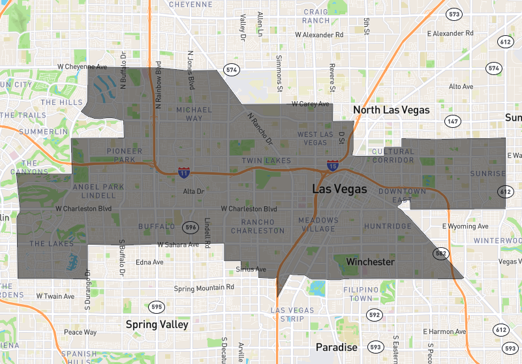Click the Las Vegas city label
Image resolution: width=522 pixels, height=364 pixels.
pos(340,190)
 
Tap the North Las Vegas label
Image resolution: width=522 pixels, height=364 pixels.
pos(391,110)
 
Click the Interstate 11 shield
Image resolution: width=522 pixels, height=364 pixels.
pos(184,174)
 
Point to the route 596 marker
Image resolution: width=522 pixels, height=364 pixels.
pos(190,227)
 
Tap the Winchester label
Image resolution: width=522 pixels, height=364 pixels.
pos(370,262)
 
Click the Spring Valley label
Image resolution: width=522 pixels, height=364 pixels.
pos(157,324)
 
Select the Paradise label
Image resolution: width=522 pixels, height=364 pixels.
pos(336,347)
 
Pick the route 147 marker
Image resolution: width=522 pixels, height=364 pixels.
pos(453,121)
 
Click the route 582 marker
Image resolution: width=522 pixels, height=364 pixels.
pos(442,252)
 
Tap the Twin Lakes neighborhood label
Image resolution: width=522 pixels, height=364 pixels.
pos(266,160)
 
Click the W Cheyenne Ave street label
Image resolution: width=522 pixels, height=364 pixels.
pos(82,67)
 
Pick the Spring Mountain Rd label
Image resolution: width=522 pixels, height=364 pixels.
pos(204,288)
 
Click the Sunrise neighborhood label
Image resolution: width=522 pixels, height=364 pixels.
pos(487,174)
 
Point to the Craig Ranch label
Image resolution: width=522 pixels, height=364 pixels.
pos(316,16)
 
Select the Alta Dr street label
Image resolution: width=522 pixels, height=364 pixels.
pos(194,192)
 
